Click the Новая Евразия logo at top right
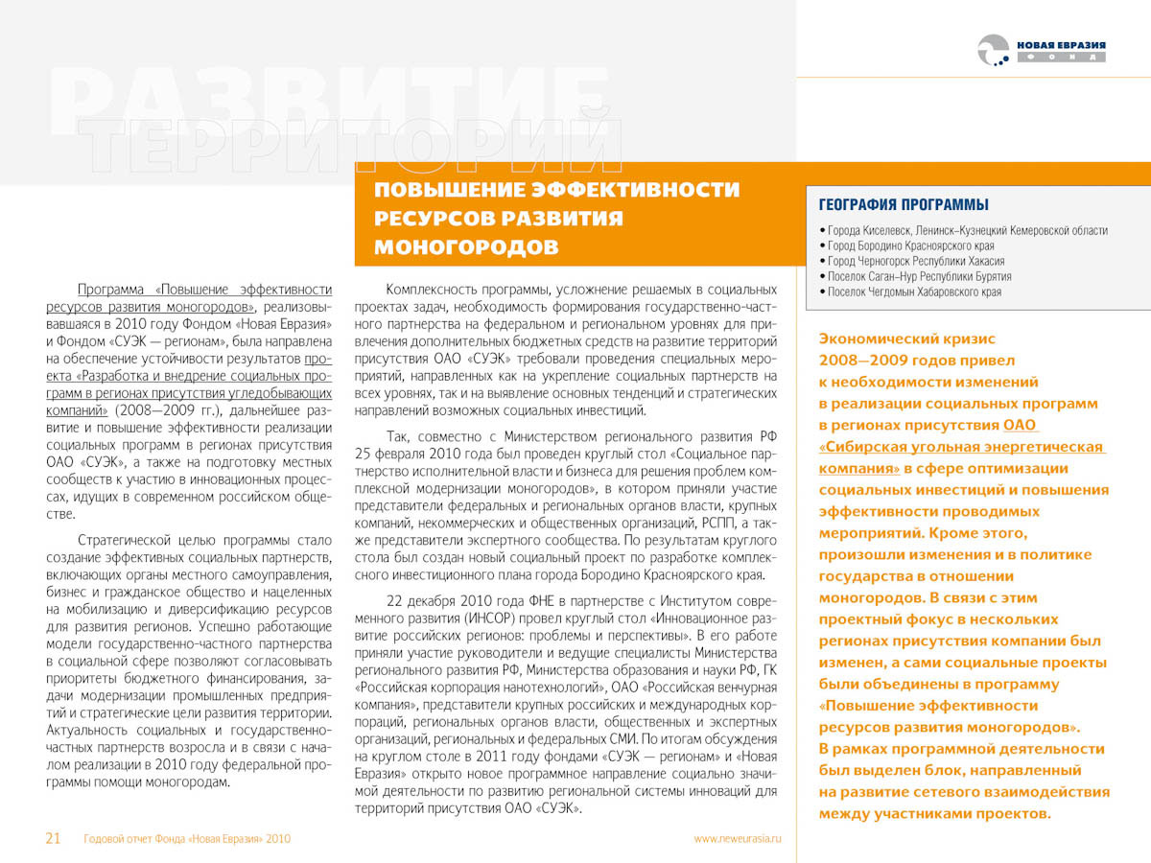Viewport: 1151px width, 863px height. pos(1041,51)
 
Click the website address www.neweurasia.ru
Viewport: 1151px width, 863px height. pos(738,838)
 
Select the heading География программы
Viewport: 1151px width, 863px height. pos(904,204)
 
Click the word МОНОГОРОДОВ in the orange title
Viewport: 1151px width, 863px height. pos(466,246)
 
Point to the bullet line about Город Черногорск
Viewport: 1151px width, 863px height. pos(915,261)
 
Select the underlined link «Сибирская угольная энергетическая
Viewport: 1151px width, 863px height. pos(961,447)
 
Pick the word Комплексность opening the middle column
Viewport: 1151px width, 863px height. pos(431,289)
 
